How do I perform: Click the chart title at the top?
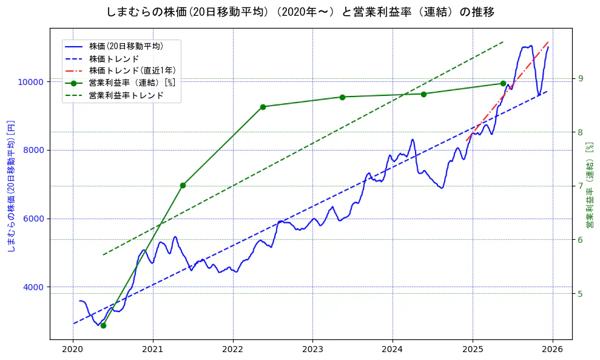click(x=300, y=12)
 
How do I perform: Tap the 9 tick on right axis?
click(x=580, y=78)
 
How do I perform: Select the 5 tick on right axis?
click(x=580, y=294)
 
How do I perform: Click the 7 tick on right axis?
click(x=580, y=186)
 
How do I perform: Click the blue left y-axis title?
click(x=10, y=186)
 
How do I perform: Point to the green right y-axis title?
click(x=588, y=186)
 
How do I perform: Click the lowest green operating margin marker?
click(x=103, y=325)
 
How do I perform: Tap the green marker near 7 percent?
click(x=183, y=185)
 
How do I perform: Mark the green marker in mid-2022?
click(x=263, y=107)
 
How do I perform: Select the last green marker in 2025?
click(x=503, y=83)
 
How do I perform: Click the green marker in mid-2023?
click(x=342, y=97)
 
